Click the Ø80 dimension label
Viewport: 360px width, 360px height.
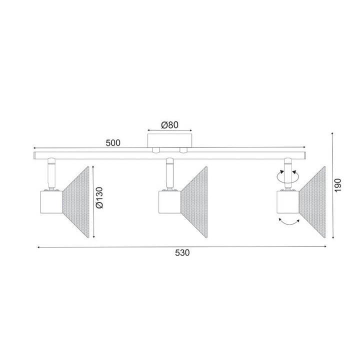tap(169, 125)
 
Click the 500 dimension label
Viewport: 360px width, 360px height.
tap(113, 142)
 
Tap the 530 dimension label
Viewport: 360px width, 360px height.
tap(182, 252)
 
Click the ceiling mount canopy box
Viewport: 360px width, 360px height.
tap(169, 139)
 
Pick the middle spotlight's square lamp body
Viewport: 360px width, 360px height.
tap(167, 202)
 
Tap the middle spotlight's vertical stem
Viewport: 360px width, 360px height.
tap(169, 172)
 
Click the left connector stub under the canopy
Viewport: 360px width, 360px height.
tap(156, 150)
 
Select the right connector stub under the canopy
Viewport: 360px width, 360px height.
tap(183, 150)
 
